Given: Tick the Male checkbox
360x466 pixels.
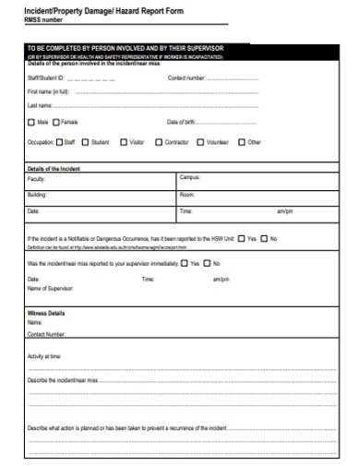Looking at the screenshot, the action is pyautogui.click(x=32, y=122).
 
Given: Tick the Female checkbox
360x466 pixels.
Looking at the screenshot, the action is pyautogui.click(x=56, y=122).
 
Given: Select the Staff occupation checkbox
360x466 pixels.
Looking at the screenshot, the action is pyautogui.click(x=58, y=143).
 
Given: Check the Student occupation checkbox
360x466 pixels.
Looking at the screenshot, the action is pyautogui.click(x=86, y=143).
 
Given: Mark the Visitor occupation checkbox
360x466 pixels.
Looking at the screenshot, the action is pyautogui.click(x=122, y=143).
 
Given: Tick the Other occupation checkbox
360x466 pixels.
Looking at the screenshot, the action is pyautogui.click(x=242, y=143).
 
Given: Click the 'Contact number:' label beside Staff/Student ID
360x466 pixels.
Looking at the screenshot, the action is pyautogui.click(x=186, y=78).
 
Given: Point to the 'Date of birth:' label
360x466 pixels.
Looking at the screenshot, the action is pyautogui.click(x=183, y=122).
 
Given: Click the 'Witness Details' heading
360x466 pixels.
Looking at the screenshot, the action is pyautogui.click(x=46, y=313).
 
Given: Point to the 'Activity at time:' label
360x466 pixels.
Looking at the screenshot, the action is pyautogui.click(x=45, y=355).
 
